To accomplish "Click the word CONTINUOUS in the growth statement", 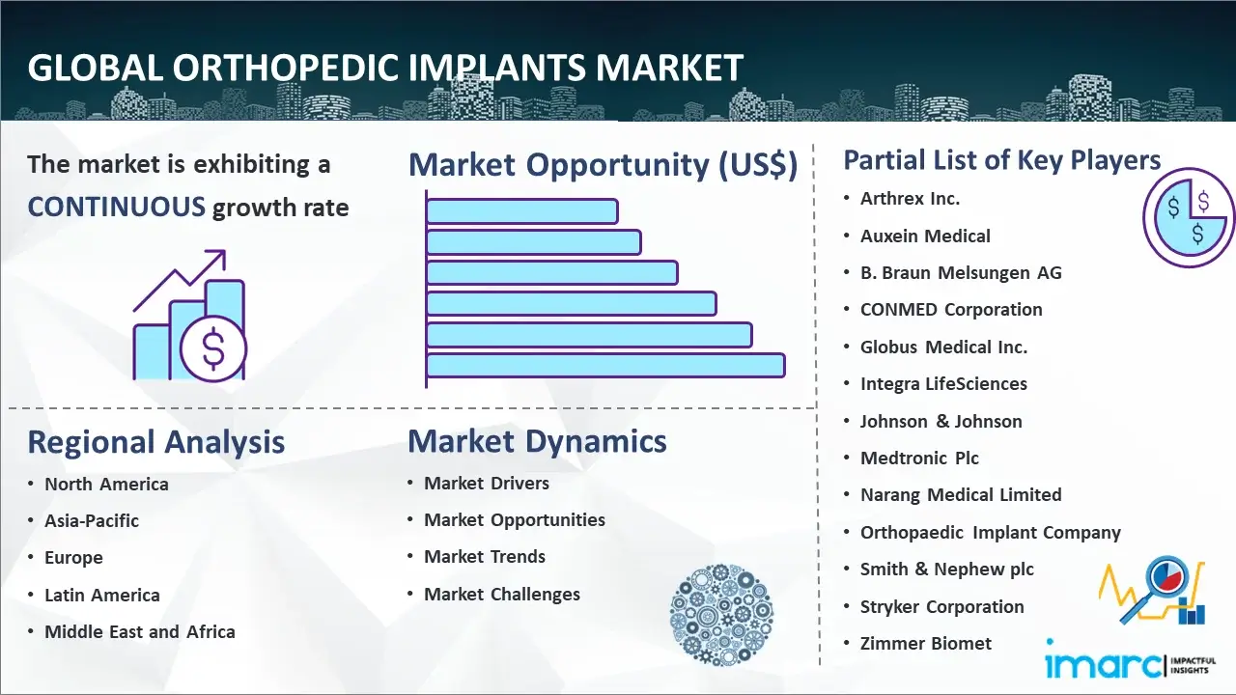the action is [117, 208].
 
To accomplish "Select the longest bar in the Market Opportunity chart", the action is [605, 366].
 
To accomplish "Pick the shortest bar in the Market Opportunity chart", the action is [522, 211].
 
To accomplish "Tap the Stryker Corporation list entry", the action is [941, 607].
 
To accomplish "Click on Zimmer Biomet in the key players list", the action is [926, 643].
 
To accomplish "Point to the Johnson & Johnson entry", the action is [941, 422].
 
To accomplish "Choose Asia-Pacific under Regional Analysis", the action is [92, 520].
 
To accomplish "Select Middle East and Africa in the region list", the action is [140, 631].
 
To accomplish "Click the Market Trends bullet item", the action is [485, 557].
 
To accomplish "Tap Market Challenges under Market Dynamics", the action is [502, 594].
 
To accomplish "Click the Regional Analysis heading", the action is [156, 442].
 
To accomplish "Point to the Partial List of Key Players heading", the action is [1002, 160].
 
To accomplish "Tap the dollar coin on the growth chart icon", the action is [213, 349].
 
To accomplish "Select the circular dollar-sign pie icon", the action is [1189, 217].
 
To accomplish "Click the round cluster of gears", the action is [721, 615].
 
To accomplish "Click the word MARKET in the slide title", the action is [669, 68].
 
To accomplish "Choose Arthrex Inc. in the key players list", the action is [911, 199].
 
